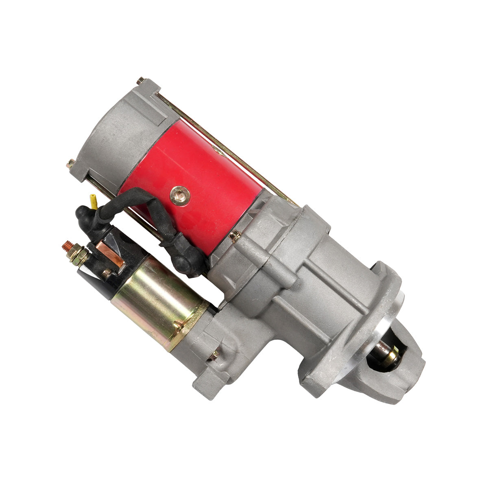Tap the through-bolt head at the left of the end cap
(70, 163)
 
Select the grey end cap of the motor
(118, 130)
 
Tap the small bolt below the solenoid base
(213, 355)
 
